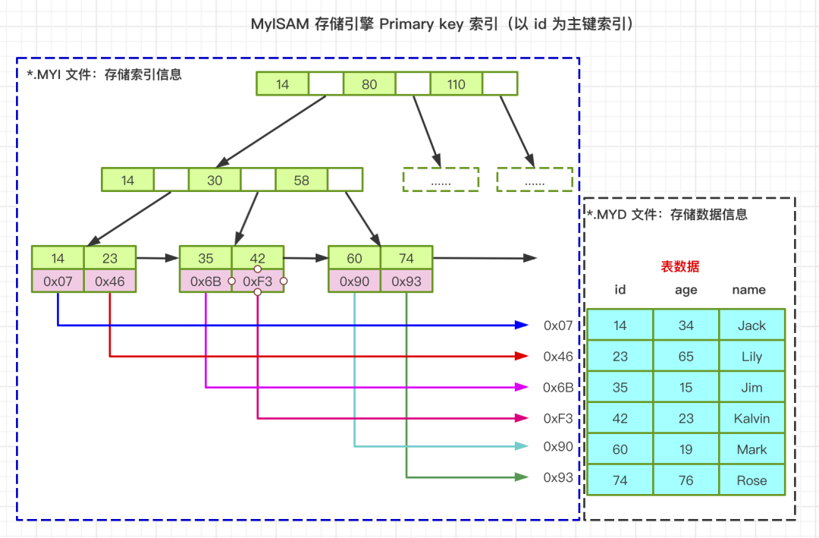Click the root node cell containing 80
pyautogui.click(x=369, y=84)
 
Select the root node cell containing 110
pyautogui.click(x=456, y=84)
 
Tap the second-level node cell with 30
pyautogui.click(x=215, y=180)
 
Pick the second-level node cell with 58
pyautogui.click(x=302, y=180)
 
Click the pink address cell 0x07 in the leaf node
pyautogui.click(x=58, y=281)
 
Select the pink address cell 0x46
pyautogui.click(x=110, y=281)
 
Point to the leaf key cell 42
pyautogui.click(x=258, y=258)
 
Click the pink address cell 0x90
pyautogui.click(x=354, y=281)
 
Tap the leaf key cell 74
pyautogui.click(x=406, y=258)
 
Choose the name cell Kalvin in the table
pyautogui.click(x=752, y=418)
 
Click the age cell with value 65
pyautogui.click(x=686, y=356)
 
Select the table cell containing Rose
pyautogui.click(x=752, y=480)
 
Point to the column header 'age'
pyautogui.click(x=686, y=290)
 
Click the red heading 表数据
pyautogui.click(x=680, y=266)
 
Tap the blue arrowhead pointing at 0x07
pyautogui.click(x=522, y=325)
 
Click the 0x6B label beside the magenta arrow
pyautogui.click(x=558, y=387)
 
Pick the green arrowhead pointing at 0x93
pyautogui.click(x=522, y=477)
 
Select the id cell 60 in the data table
pyautogui.click(x=620, y=449)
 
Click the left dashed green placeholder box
pyautogui.click(x=441, y=179)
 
